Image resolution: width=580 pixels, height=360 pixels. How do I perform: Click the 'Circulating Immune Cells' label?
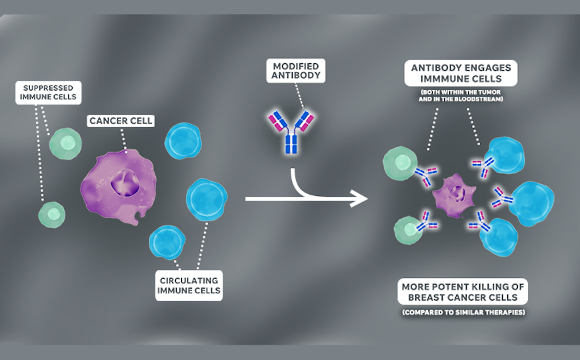click(x=189, y=285)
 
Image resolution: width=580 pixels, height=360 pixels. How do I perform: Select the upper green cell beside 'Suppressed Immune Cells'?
click(x=66, y=143)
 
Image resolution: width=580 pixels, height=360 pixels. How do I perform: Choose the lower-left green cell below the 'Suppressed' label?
click(x=52, y=214)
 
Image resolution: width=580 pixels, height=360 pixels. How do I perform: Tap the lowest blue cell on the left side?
click(x=167, y=242)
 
